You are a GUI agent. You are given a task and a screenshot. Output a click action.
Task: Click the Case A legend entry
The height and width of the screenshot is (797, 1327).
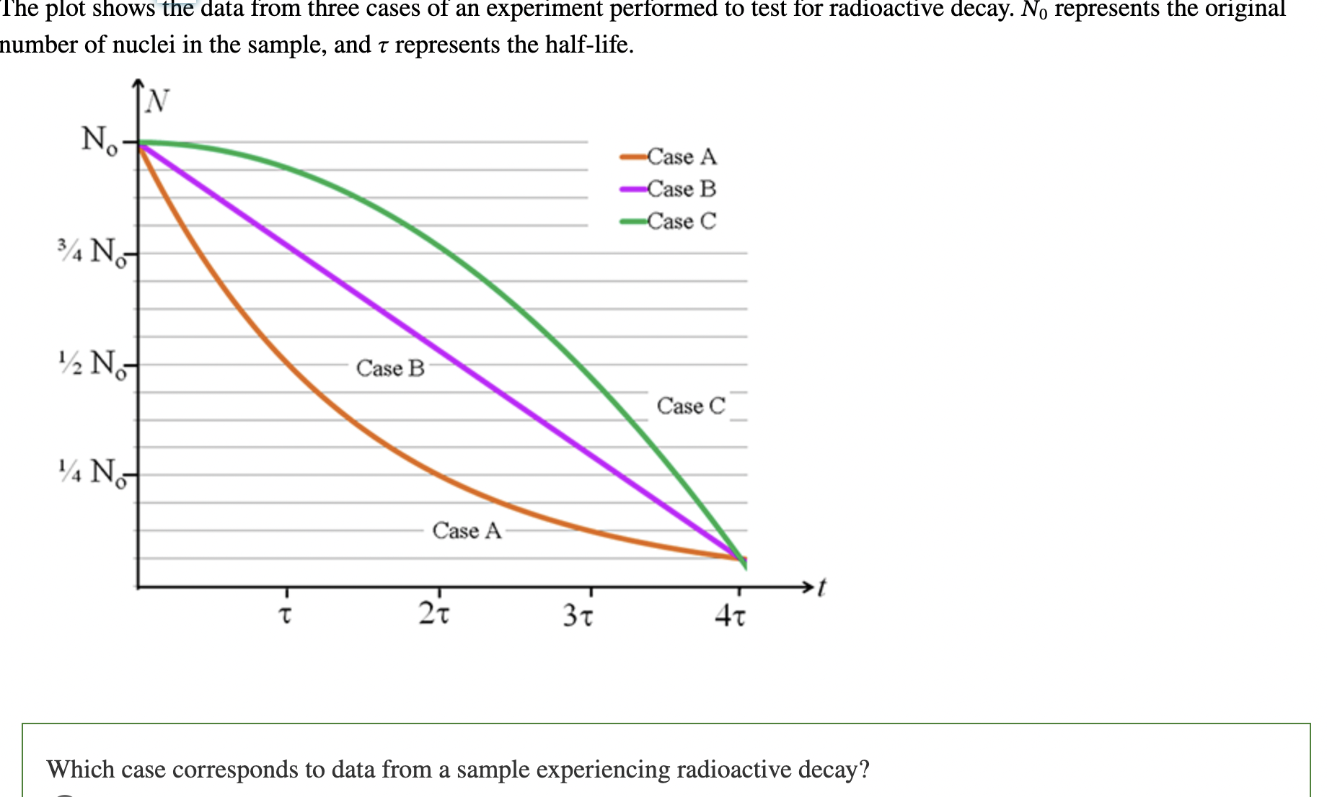pyautogui.click(x=681, y=156)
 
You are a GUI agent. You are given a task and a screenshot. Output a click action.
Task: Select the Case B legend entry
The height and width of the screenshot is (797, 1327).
pyautogui.click(x=681, y=189)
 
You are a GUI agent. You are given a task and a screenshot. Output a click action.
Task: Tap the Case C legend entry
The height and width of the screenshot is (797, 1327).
pyautogui.click(x=681, y=221)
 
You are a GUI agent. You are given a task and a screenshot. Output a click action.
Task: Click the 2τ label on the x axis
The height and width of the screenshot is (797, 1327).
pyautogui.click(x=434, y=614)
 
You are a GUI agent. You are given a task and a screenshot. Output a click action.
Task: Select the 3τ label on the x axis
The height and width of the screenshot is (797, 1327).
pyautogui.click(x=578, y=616)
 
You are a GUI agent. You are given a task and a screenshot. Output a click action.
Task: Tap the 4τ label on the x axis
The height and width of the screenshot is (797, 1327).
pyautogui.click(x=731, y=616)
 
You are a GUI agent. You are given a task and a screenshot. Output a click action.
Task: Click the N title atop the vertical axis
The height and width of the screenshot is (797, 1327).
pyautogui.click(x=156, y=102)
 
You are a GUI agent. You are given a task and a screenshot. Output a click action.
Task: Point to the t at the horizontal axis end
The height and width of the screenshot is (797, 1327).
pyautogui.click(x=821, y=587)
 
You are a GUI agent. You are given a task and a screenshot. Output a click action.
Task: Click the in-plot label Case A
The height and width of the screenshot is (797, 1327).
pyautogui.click(x=467, y=531)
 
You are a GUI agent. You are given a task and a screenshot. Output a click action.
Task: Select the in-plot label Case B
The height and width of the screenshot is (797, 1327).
pyautogui.click(x=390, y=368)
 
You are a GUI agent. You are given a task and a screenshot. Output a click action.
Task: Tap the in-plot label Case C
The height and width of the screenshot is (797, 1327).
pyautogui.click(x=691, y=406)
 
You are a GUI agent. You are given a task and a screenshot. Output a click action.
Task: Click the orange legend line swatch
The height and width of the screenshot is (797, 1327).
pyautogui.click(x=632, y=156)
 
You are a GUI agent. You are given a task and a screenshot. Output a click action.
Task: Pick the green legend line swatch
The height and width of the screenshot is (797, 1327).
pyautogui.click(x=632, y=221)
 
